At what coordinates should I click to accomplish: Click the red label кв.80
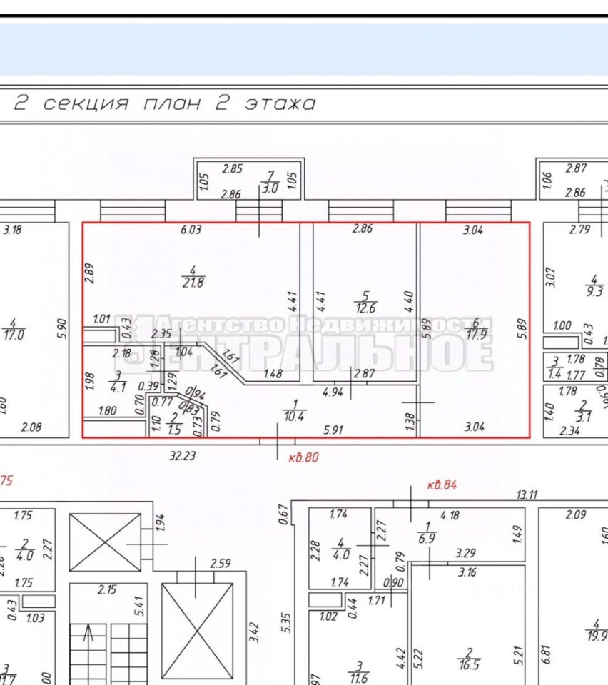click(303, 457)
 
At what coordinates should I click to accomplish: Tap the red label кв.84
click(442, 485)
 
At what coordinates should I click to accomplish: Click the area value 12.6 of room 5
click(365, 307)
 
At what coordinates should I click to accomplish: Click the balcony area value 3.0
click(270, 189)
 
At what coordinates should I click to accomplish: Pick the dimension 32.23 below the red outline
click(183, 455)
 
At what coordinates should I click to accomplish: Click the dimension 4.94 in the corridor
click(333, 391)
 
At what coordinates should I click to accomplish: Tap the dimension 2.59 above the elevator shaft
click(220, 564)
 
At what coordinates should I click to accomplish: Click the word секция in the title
click(86, 103)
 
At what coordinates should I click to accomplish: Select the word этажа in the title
click(280, 103)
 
